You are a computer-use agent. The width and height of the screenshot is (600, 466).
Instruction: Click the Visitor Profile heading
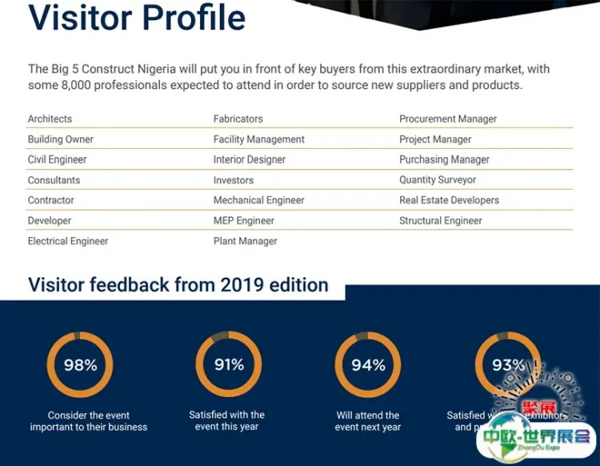coord(137,18)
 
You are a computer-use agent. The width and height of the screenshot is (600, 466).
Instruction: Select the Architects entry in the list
coord(50,119)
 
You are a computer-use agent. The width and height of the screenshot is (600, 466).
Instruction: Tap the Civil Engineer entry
coord(57,159)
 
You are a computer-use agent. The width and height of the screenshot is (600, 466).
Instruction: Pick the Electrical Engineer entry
coord(68,241)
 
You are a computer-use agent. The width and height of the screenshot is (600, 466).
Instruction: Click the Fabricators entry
coord(238,119)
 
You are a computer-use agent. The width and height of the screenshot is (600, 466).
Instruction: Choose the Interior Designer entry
coord(249,159)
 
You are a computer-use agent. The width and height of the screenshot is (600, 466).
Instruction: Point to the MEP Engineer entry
coord(243,220)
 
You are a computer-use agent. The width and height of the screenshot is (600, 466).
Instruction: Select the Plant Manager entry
coord(245,241)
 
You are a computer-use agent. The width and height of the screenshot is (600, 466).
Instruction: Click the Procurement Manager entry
coord(448,119)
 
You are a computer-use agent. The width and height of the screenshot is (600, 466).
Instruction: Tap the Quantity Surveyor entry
coord(438,180)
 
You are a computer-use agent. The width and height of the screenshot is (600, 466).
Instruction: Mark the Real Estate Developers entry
coord(449,200)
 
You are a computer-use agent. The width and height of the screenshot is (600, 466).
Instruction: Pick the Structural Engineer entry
coord(441,220)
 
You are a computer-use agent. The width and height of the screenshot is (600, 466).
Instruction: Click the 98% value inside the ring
coord(80,365)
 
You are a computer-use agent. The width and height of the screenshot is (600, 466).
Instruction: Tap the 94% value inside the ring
coord(368,365)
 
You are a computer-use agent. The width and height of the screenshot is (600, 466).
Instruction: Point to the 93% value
coord(508,365)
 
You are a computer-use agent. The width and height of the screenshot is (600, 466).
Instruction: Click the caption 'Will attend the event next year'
coord(368,421)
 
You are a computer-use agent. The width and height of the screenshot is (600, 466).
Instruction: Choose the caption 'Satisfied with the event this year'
coord(227,420)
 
